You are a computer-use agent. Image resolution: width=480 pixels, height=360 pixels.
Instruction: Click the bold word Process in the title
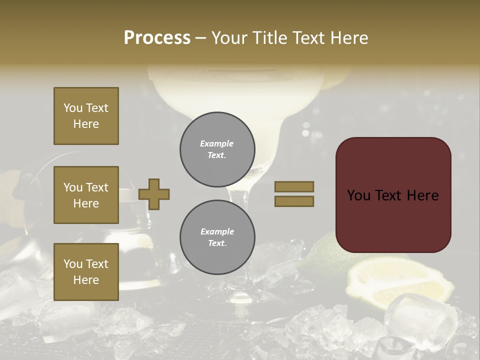pos(157,38)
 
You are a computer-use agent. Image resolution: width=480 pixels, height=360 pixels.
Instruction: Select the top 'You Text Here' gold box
pos(86,116)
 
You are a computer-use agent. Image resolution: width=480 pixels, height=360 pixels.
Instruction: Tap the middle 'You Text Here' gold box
pos(86,195)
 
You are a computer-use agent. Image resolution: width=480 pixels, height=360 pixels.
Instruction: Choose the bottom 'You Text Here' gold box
pos(86,272)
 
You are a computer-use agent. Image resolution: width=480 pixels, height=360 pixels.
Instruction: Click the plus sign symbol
pos(154,194)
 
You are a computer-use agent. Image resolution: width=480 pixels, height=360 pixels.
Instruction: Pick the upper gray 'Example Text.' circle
pos(217,149)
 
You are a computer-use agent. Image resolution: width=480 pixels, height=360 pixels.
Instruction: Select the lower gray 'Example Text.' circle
pos(217,237)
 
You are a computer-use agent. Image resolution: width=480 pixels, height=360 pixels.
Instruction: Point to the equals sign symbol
pos(294,194)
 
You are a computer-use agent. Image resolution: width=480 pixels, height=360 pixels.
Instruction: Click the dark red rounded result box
pos(393,195)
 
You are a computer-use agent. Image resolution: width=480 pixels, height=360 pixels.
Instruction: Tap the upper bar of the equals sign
pos(294,186)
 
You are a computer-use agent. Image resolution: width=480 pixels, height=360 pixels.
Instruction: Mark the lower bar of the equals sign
pos(294,201)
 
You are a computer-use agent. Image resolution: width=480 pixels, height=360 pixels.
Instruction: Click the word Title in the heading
pos(272,38)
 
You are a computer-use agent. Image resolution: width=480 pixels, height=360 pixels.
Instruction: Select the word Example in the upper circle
pos(216,143)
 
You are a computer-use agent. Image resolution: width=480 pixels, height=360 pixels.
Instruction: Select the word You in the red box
pos(358,195)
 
